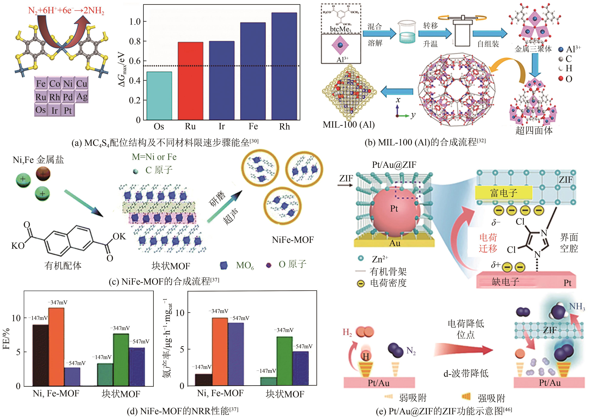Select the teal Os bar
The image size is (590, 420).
[159, 96]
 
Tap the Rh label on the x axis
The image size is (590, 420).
[284, 126]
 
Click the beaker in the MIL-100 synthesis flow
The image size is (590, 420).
[407, 32]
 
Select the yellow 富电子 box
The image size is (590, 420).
[503, 193]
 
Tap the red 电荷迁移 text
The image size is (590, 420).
[488, 243]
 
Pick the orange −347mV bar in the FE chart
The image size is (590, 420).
[56, 346]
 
